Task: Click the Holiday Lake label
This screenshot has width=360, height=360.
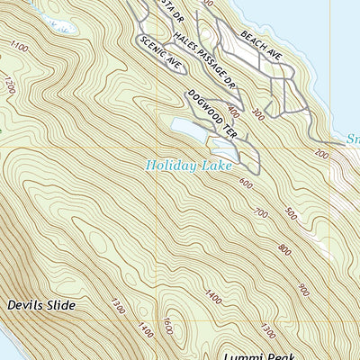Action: click(189, 166)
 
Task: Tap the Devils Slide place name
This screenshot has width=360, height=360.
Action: click(40, 305)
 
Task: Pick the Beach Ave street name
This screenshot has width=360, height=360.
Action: click(262, 44)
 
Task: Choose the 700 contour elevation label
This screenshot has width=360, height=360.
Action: click(262, 213)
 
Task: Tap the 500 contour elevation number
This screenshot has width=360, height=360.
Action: click(290, 213)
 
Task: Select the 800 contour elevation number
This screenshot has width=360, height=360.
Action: click(285, 248)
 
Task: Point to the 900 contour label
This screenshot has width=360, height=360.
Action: click(303, 290)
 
